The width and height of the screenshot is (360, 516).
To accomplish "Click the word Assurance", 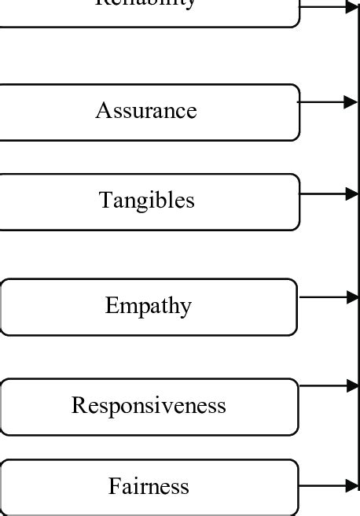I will [x=146, y=111].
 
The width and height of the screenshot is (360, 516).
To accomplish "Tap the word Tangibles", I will [x=147, y=201].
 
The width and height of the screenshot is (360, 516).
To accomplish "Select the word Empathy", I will [x=148, y=305].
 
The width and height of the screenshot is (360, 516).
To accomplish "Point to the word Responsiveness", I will [x=149, y=405].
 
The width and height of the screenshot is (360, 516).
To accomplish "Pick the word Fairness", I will [x=149, y=487].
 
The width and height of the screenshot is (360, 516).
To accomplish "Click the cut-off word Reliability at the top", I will [x=145, y=3].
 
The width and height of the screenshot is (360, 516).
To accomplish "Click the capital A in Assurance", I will [x=102, y=111].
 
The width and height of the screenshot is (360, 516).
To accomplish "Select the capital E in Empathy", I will [x=111, y=305].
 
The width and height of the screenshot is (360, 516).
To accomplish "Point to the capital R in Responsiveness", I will [x=77, y=405].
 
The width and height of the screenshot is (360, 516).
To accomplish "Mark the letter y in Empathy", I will [x=186, y=308].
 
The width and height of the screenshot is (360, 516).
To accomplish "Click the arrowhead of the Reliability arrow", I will [x=351, y=8].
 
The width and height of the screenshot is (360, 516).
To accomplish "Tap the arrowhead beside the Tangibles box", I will [x=351, y=193].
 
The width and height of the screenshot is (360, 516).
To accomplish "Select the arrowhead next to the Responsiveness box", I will [x=351, y=385].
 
